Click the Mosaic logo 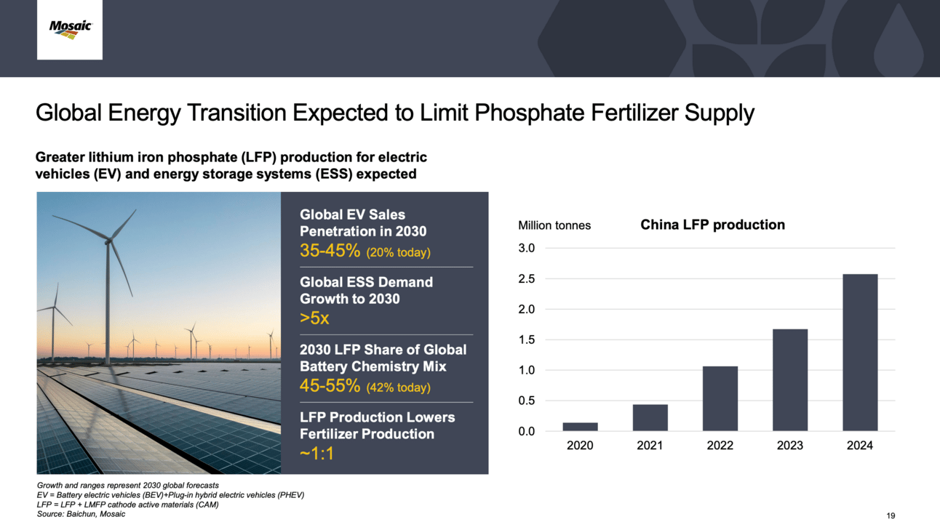tap(71, 29)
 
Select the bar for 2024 tap(860, 352)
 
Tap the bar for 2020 tap(580, 427)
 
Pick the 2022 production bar tap(720, 398)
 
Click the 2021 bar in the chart tap(650, 417)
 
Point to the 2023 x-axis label tap(790, 445)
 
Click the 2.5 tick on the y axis tap(527, 279)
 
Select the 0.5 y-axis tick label tap(527, 401)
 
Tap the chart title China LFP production tap(712, 225)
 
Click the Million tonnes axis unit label tap(554, 225)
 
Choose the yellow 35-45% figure tap(330, 251)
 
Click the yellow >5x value tap(314, 318)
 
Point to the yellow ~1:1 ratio tap(316, 453)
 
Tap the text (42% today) tap(399, 387)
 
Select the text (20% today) tap(399, 252)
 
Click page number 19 tap(891, 515)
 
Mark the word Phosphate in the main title tap(530, 113)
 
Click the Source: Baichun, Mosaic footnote tap(81, 514)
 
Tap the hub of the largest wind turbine tap(108, 241)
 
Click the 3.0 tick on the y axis tap(527, 248)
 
